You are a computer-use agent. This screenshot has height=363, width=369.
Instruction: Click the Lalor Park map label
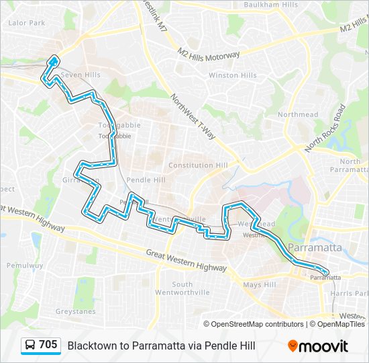tap(26, 23)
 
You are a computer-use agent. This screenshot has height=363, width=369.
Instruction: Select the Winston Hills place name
tap(232, 75)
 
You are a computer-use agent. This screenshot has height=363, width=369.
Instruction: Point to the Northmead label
tap(298, 115)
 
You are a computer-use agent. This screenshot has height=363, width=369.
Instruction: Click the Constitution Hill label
tap(198, 165)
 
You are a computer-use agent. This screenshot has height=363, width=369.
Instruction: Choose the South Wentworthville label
tap(182, 288)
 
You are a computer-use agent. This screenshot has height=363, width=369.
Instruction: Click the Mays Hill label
tap(260, 285)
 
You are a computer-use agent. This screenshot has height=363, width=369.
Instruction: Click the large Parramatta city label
tap(314, 248)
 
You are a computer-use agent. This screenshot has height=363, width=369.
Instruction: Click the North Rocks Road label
tap(325, 128)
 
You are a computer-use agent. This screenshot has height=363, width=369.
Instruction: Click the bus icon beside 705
tap(30, 346)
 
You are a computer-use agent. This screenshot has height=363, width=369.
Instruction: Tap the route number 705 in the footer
tap(48, 345)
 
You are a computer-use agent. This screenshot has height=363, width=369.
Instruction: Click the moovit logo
tap(318, 346)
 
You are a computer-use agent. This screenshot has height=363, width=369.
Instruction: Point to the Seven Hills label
tap(80, 75)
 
